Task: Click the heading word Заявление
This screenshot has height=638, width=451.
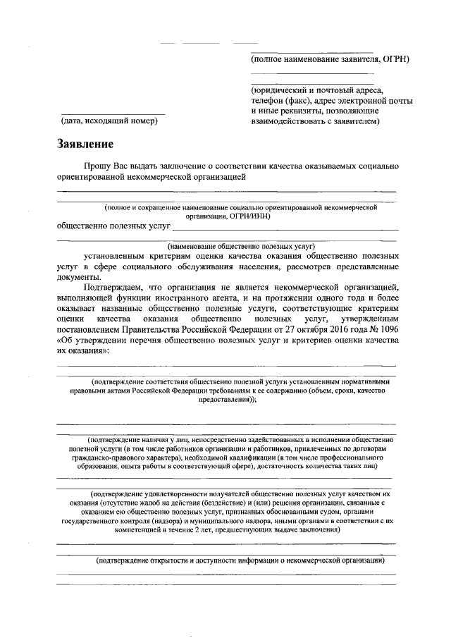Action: [85, 145]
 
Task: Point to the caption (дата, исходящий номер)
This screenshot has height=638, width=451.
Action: [109, 121]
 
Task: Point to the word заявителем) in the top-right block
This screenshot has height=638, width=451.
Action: [356, 121]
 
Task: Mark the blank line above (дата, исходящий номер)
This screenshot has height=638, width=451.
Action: [113, 114]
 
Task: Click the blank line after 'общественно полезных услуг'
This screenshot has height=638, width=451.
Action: [285, 230]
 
